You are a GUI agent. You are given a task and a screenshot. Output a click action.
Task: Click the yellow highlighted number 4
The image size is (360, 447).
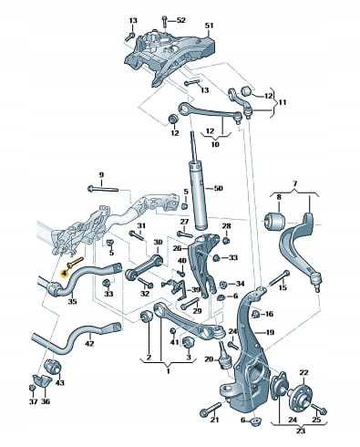pos(65,274)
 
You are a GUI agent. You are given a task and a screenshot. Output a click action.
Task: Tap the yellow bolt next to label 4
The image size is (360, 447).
pos(75,262)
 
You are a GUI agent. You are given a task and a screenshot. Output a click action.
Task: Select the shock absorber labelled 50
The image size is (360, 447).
pos(199,181)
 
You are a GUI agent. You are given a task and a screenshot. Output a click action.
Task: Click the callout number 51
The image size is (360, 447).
pos(209,25)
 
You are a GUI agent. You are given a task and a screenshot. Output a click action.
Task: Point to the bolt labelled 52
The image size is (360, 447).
pos(164,21)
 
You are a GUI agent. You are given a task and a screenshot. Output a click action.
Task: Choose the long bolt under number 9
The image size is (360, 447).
pos(102,190)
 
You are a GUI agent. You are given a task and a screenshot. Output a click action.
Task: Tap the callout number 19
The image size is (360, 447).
pos(270,332)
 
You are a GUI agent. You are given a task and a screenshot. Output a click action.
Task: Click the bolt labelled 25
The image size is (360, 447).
pos(318,409)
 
